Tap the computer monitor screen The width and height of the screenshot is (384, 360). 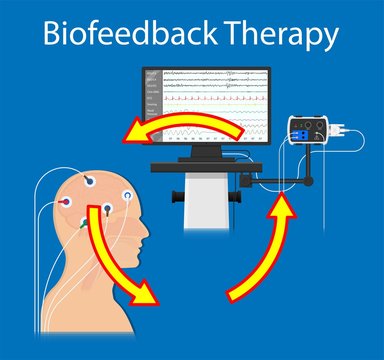[x=206, y=105]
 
